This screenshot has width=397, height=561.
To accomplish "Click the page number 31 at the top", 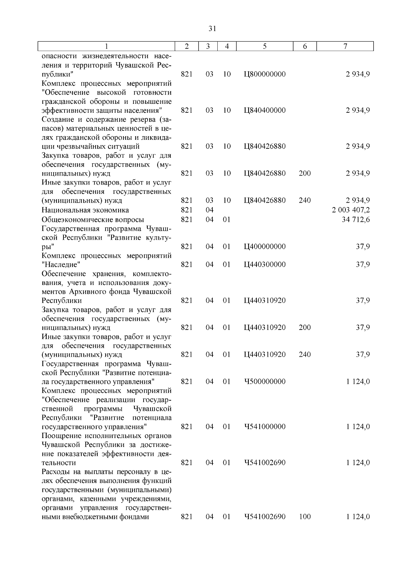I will tap(212, 29).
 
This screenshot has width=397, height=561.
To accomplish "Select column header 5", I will tap(265, 47).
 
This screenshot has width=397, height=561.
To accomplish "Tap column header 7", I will tap(345, 47).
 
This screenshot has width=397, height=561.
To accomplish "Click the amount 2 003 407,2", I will tap(351, 210).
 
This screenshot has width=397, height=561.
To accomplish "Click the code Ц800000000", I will tap(264, 74).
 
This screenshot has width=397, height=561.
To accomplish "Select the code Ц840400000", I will tap(264, 110).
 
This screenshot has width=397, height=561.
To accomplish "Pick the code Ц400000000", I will tap(264, 247).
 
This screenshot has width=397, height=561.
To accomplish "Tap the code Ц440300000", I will tap(264, 264).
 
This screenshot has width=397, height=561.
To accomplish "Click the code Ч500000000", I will tap(264, 381).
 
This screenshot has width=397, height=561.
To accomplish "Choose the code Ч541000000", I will tap(264, 426).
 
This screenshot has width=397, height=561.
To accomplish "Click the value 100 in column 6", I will tap(305, 517).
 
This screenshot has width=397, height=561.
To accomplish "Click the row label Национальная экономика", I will tap(85, 210).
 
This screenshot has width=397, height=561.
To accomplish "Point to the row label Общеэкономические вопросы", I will tap(93, 220).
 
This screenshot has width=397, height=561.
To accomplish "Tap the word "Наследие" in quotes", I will tap(61, 264).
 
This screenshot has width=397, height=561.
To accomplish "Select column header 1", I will tap(106, 47).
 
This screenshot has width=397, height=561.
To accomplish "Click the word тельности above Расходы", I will tap(59, 462).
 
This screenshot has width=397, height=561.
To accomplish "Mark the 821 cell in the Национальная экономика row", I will tap(187, 210).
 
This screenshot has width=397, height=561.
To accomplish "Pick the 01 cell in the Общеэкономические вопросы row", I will tap(226, 220).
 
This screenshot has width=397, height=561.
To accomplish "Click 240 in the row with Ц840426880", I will tap(305, 200).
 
